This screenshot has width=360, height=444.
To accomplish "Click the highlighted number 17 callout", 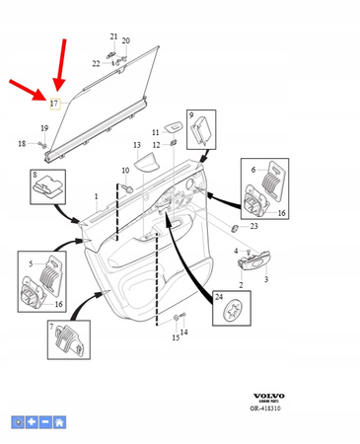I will (x=55, y=103).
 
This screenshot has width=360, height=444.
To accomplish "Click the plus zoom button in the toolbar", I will (x=31, y=422).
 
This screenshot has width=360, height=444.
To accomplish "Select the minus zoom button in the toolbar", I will (x=44, y=422).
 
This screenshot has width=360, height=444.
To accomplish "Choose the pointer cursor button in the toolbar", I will (x=17, y=422).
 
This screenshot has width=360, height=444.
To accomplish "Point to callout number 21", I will (x=113, y=37).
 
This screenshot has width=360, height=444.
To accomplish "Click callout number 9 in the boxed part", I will (x=191, y=115).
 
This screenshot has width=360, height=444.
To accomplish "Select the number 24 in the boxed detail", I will (x=219, y=296).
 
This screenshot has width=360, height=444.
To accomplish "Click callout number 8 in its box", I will (x=36, y=174).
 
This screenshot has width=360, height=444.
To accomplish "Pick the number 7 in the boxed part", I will (x=51, y=327).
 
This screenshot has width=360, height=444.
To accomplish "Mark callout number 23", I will (x=253, y=226).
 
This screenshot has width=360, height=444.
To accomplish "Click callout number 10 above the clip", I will (x=125, y=172).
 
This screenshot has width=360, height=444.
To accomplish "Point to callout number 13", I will (x=138, y=146).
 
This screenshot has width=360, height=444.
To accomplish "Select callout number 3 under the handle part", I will (x=265, y=280).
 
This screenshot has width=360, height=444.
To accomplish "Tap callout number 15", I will (x=176, y=337).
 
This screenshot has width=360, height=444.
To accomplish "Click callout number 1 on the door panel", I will (x=96, y=196).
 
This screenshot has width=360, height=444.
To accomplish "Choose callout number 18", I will (x=22, y=144).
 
